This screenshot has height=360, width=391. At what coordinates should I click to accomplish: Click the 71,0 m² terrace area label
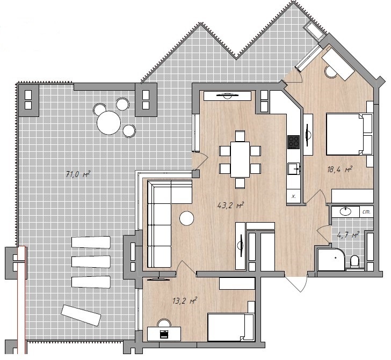point(78,174)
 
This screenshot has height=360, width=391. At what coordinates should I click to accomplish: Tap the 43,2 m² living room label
point(230,205)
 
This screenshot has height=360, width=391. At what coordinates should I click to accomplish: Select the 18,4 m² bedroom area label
point(339,170)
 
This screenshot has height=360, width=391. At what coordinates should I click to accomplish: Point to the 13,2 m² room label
point(185,300)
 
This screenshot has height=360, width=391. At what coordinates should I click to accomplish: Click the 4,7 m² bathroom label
point(348,234)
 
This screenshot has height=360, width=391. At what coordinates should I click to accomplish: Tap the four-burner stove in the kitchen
point(293,142)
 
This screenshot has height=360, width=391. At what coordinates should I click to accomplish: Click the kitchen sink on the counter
point(294,168)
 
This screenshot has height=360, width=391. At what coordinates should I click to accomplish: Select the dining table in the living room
point(240,159)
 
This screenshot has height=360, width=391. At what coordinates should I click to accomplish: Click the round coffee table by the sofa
point(186,218)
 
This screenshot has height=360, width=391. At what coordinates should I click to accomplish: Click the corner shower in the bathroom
point(331,259)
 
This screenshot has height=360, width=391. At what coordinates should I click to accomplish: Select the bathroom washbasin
point(345,211)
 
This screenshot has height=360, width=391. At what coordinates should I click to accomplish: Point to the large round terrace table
point(108,122)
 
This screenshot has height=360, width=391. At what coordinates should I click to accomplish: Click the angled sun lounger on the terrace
point(81,315)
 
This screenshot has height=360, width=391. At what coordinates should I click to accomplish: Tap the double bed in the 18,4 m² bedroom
point(349,134)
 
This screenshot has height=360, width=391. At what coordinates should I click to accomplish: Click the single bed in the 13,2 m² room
point(230,327)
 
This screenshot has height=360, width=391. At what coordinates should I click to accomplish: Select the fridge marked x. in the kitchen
point(294,196)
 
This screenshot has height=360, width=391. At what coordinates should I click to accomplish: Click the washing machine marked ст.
point(366,212)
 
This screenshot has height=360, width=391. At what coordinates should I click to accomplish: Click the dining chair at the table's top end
point(240,136)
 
